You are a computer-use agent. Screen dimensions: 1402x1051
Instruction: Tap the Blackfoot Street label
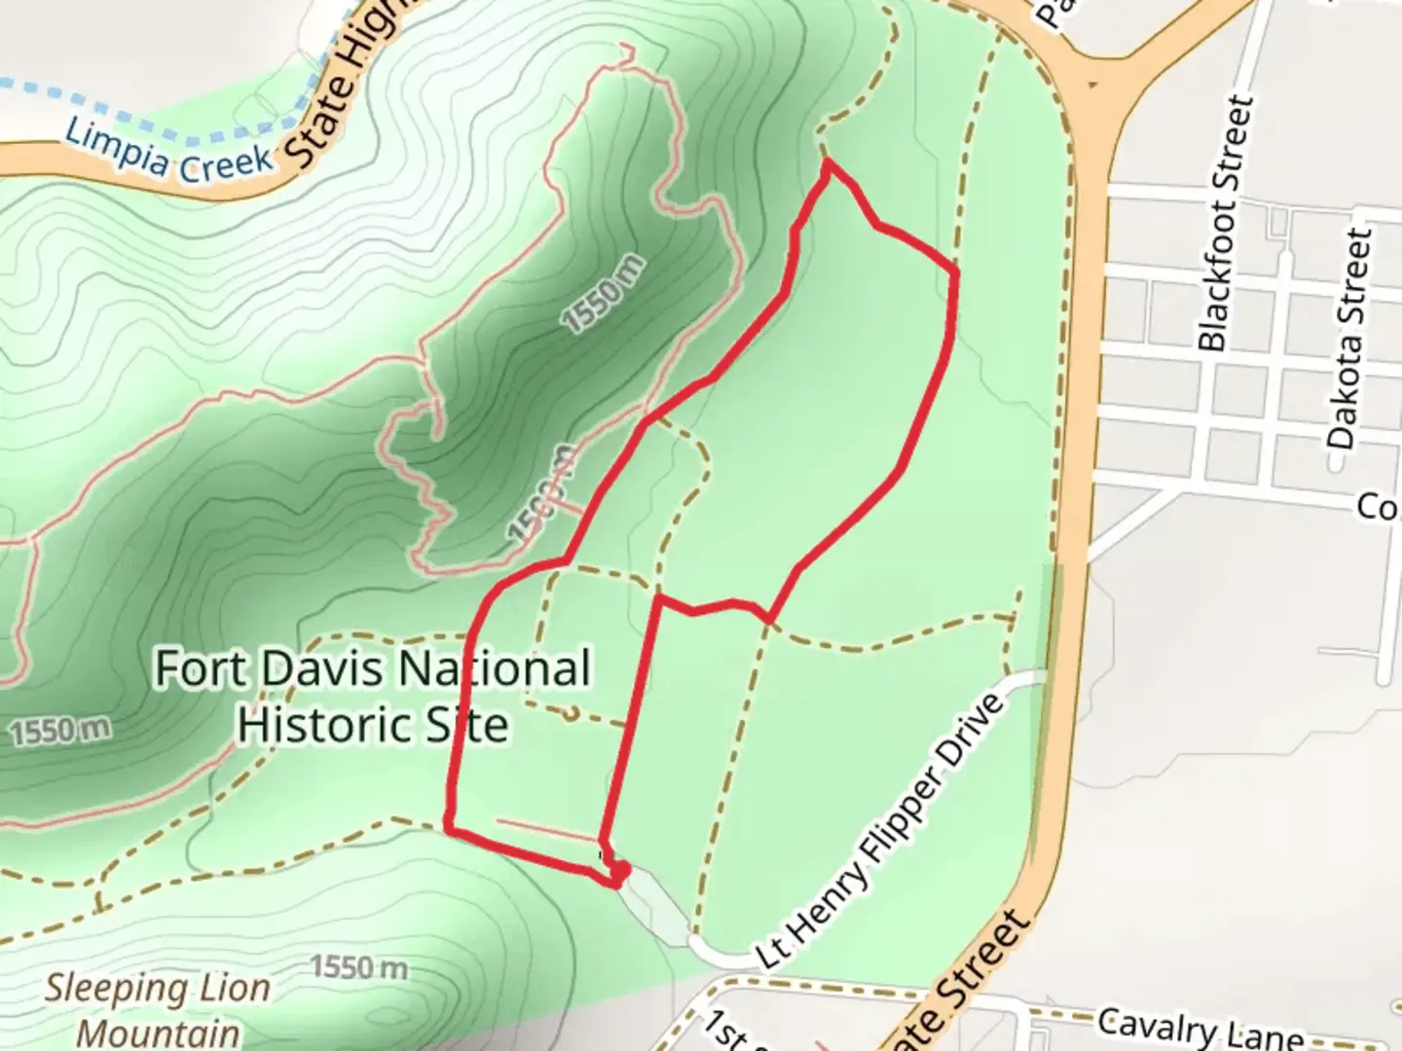coord(1224,223)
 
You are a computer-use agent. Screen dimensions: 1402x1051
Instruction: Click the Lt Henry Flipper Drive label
coord(881,832)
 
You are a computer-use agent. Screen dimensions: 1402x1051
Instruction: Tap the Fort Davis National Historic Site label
coord(373,697)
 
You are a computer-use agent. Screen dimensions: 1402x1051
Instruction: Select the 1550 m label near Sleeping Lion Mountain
coord(358,967)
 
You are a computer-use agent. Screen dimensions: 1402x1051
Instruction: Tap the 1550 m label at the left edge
coord(60,731)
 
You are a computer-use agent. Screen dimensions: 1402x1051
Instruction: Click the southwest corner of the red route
coord(449,827)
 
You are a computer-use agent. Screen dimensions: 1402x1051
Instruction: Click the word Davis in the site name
coord(325,670)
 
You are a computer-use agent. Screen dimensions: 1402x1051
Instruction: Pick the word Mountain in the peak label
coord(158,1033)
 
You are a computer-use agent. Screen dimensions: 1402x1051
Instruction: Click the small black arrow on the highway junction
coord(1092,84)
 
